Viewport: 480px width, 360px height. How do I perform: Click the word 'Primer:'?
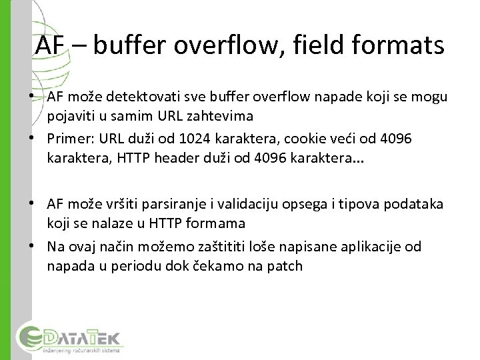(71, 139)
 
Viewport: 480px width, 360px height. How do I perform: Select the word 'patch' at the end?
(285, 266)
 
